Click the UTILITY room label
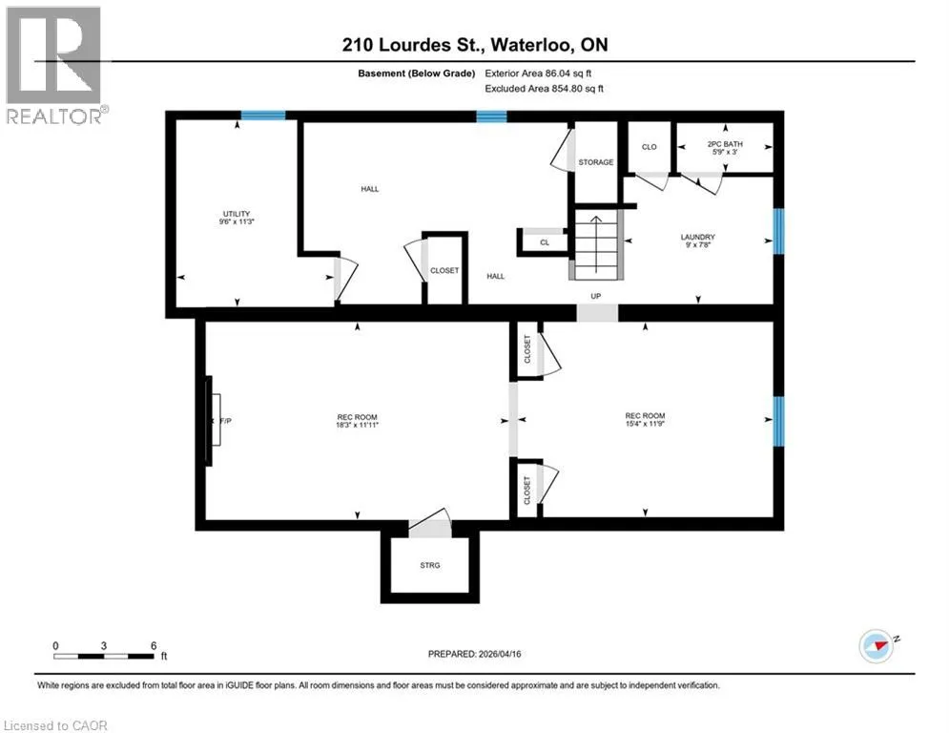click(x=236, y=214)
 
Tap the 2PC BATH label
click(x=725, y=144)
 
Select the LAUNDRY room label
click(x=698, y=237)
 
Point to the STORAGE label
click(x=595, y=162)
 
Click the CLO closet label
click(x=649, y=147)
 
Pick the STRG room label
click(x=430, y=565)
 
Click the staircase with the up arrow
click(x=597, y=244)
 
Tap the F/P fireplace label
click(x=225, y=420)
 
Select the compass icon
click(x=876, y=646)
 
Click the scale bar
click(x=104, y=656)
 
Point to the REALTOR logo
click(x=54, y=66)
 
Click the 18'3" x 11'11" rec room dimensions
click(x=357, y=426)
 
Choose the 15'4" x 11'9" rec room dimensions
click(x=645, y=424)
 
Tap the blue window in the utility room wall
click(x=263, y=115)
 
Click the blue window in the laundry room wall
click(x=779, y=231)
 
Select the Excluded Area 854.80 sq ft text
click(x=544, y=89)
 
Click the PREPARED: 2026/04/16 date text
click(x=475, y=654)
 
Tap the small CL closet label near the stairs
click(x=545, y=242)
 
